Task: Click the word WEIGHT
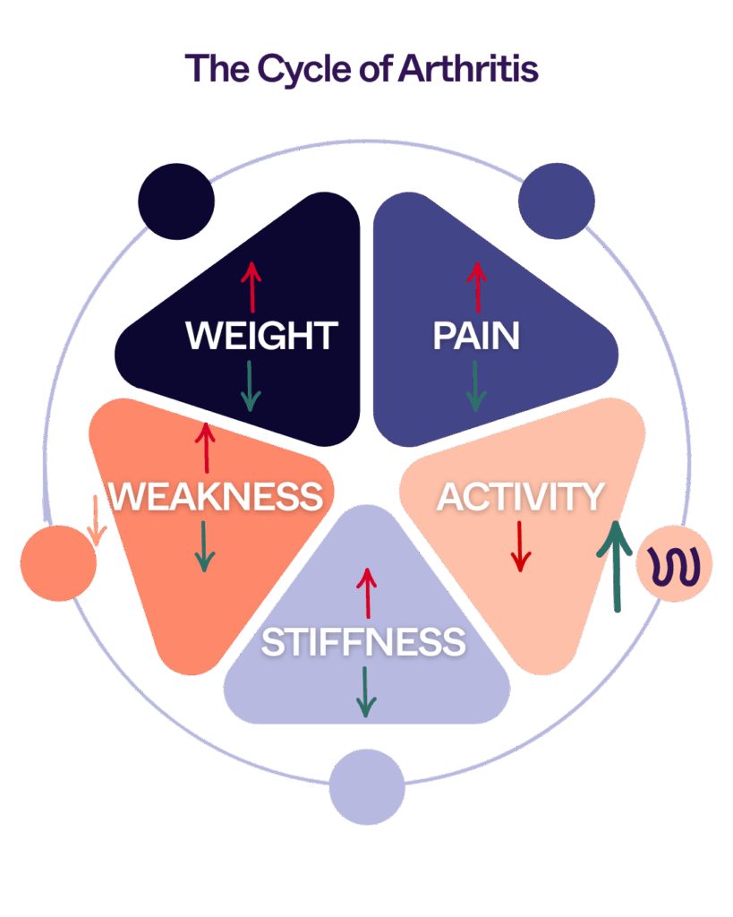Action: [260, 336]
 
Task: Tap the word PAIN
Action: [476, 336]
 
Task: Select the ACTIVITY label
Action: [520, 497]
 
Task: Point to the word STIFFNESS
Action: [363, 642]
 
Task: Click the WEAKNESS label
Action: [215, 495]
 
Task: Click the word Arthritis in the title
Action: [468, 69]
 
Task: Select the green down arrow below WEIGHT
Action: [251, 386]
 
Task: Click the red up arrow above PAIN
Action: [476, 286]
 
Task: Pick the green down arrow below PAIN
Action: [476, 386]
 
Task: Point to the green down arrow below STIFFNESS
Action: [364, 690]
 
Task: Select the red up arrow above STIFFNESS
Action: [365, 591]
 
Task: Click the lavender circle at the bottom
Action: [367, 786]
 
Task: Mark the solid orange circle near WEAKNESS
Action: [58, 562]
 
